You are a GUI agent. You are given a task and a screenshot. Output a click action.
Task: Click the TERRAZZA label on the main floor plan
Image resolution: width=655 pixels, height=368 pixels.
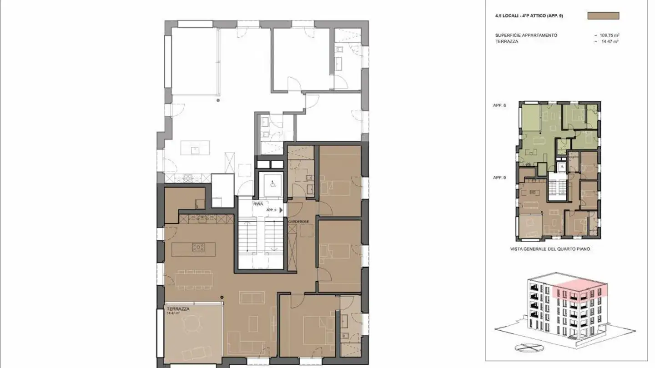pyautogui.click(x=178, y=308)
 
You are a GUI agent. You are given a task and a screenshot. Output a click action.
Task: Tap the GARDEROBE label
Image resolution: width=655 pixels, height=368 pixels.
pyautogui.click(x=298, y=221)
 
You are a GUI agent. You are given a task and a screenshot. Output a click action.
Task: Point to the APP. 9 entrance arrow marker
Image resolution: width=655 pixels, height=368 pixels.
pyautogui.click(x=281, y=210)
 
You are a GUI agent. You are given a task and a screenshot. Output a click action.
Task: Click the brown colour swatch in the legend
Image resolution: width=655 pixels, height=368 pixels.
pyautogui.click(x=603, y=15)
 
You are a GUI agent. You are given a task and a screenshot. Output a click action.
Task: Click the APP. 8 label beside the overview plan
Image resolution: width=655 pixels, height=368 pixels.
pyautogui.click(x=499, y=105)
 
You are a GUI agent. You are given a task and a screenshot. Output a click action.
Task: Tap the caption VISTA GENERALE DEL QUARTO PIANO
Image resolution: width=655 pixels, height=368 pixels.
pyautogui.click(x=550, y=249)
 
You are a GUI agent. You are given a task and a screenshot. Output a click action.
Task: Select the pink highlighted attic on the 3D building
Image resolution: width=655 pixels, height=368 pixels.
pyautogui.click(x=579, y=289)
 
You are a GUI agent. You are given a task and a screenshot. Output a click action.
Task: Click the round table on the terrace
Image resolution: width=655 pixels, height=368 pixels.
pyautogui.click(x=188, y=324)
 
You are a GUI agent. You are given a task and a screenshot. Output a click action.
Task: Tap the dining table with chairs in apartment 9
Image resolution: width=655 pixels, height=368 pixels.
pyautogui.click(x=194, y=279)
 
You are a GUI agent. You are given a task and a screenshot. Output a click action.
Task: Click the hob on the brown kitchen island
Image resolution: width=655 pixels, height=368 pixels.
pyautogui.click(x=198, y=247)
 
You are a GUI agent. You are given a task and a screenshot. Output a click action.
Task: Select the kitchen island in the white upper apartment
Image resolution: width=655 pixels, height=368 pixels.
pyautogui.click(x=195, y=148)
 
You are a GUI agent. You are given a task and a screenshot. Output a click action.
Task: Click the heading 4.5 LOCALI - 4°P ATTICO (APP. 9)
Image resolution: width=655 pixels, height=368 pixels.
pyautogui.click(x=529, y=15)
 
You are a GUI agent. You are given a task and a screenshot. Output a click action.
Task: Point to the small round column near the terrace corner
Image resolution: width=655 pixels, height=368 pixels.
pyautogui.click(x=222, y=298)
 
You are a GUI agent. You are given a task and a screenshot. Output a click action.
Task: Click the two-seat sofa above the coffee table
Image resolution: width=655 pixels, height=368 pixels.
pyautogui.click(x=252, y=298)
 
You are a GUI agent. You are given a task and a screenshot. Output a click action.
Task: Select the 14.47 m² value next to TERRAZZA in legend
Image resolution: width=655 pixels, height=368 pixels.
pyautogui.click(x=610, y=41)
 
